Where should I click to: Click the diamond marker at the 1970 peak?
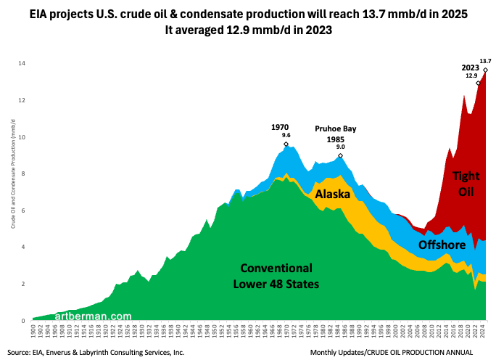[286, 144]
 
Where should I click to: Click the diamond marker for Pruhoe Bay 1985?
[340, 156]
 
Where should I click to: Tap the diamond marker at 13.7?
[485, 70]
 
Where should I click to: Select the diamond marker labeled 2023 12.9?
[478, 83]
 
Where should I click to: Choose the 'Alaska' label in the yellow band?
[333, 195]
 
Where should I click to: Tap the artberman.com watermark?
[92, 316]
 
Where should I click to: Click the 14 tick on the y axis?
[22, 64]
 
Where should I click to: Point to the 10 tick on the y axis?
[22, 137]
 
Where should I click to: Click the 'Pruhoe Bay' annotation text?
[335, 128]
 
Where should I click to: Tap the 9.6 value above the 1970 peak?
[286, 135]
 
